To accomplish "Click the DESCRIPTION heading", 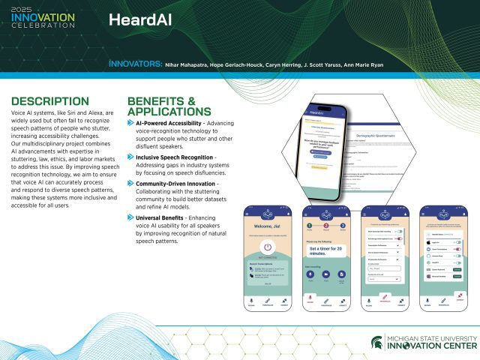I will pos(49,101).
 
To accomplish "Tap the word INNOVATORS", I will pos(134,64).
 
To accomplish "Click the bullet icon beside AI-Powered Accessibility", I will pos(131,121).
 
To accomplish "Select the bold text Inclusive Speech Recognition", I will pos(175,157).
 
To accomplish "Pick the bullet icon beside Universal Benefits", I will pos(131,217).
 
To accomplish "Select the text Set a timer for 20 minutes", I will pos(324,253).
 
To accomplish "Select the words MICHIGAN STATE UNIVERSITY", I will pos(429,337).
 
